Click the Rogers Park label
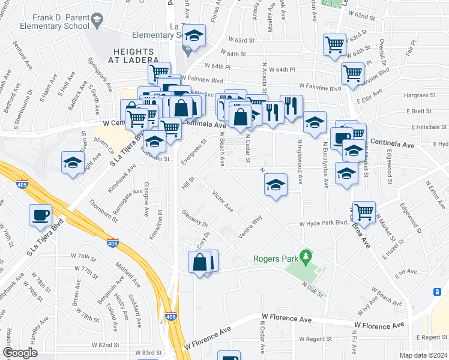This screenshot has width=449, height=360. coord(276,259)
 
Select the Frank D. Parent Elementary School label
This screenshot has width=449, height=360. coord(46,22)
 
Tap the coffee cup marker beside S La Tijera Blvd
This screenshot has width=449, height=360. coord(40,215)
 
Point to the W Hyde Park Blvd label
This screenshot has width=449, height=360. coord(324,223)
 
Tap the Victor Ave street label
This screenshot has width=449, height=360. coord(222,201)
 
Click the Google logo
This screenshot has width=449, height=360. coord(20,353)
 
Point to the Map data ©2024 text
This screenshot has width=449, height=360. coord(423,355)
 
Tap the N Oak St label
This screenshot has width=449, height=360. coord(313,289)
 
